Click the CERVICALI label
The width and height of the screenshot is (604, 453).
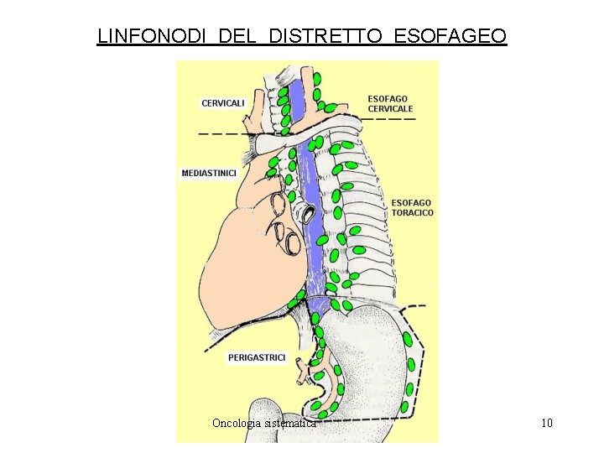click(x=223, y=103)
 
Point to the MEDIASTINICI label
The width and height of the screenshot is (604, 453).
click(x=209, y=174)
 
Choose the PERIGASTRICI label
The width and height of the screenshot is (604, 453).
click(x=257, y=357)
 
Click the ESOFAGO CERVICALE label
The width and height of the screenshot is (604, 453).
click(x=390, y=104)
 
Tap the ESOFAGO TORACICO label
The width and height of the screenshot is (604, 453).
click(x=412, y=208)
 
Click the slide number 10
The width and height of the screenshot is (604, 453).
click(x=547, y=423)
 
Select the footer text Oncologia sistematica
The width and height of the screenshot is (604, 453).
click(x=264, y=424)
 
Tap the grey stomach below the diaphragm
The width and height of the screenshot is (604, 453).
click(x=369, y=352)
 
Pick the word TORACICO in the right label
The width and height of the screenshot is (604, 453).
click(x=412, y=213)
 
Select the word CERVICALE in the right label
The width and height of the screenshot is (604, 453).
click(x=390, y=109)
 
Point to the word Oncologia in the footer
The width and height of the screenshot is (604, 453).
click(x=235, y=424)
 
